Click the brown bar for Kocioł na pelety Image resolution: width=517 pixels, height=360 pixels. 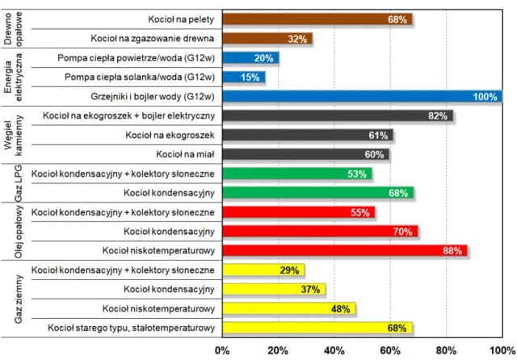click(315, 19)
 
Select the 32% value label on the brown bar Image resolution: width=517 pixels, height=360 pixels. click(298, 39)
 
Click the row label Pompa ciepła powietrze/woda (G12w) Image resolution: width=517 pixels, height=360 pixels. click(136, 58)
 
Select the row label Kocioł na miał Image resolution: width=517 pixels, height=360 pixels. click(180, 154)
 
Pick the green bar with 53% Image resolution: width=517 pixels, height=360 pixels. click(296, 174)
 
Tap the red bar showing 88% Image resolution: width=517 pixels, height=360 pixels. click(343, 251)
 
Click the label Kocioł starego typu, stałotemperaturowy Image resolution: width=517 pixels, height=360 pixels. click(130, 328)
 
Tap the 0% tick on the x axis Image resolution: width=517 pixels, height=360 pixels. click(222, 350)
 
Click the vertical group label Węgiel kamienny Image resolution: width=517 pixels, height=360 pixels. click(15, 136)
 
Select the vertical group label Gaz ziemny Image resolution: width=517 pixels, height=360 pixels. click(15, 299)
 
